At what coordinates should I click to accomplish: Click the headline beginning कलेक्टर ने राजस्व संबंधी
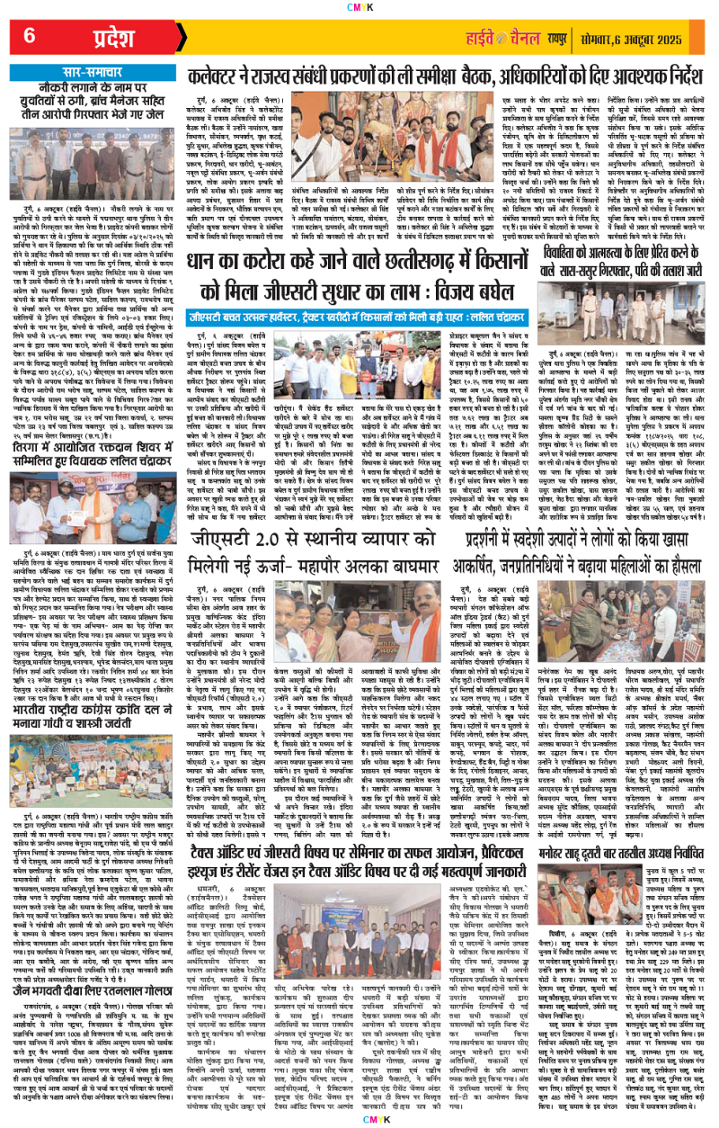point(449,79)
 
